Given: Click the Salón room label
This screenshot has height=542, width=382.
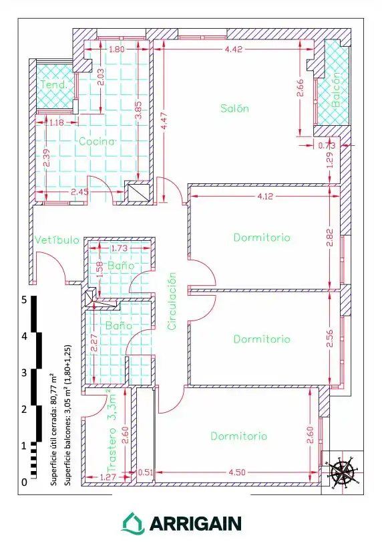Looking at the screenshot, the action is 234,108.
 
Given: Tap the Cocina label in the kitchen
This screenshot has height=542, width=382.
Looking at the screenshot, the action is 96,141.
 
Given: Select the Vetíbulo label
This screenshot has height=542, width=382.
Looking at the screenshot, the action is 57,240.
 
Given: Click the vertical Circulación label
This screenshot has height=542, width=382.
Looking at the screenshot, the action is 172,301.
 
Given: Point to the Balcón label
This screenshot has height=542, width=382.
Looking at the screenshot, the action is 335,90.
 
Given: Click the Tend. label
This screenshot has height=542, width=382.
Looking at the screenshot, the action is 54,84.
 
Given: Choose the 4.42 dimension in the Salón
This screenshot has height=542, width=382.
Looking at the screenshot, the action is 234,49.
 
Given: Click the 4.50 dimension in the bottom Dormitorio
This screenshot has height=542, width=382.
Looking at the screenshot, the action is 237,472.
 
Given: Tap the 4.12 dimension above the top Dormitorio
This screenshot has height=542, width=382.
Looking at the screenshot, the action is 265,196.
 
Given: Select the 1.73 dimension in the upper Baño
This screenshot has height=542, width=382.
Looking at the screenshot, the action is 119,248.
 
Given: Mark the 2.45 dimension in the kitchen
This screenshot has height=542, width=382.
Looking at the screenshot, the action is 79,191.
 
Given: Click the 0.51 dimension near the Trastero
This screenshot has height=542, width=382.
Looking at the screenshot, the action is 146,472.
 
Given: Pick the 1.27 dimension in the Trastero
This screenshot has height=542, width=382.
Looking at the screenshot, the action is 108,477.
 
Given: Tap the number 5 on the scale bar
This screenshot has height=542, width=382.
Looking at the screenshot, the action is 24,300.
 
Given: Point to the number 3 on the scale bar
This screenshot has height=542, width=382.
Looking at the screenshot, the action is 24,373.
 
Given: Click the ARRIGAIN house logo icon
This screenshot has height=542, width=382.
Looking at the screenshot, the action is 133,523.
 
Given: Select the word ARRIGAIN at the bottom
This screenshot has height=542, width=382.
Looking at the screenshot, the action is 196,524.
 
